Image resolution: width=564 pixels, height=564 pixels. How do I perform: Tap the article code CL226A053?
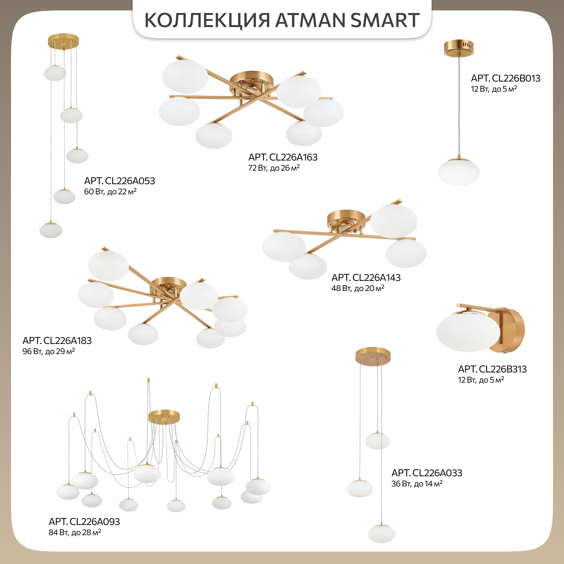130,181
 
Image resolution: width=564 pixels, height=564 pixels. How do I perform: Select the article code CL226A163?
293,157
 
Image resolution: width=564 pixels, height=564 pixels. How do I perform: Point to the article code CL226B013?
516,78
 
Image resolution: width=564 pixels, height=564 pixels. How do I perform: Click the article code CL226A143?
376,277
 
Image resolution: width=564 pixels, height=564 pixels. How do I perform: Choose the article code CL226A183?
67,341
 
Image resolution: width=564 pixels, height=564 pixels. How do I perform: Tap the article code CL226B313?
503,369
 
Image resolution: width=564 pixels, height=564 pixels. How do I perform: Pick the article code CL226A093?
95,522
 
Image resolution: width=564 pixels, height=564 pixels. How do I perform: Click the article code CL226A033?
437,473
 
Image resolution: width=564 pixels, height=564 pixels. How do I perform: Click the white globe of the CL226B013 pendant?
459,172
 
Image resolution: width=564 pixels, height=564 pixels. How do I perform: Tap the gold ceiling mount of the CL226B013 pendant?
459,48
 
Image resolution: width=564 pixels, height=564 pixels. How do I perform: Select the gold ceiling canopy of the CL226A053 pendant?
63,41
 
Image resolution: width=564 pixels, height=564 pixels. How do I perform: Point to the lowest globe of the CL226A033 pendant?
382,534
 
